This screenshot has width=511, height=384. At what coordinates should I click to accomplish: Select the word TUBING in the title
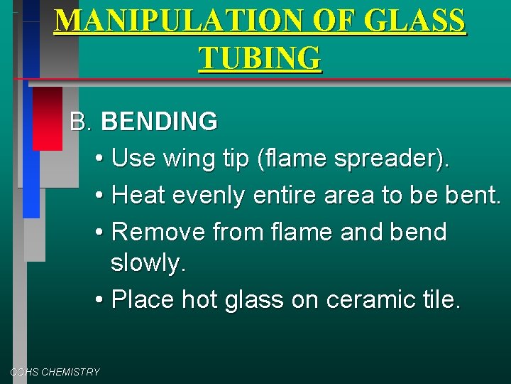pos(260,58)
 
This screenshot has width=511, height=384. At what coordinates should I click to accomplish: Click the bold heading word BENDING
pos(160,122)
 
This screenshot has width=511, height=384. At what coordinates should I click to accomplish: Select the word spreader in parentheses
pos(392,158)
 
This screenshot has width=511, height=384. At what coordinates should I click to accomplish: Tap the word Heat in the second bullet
pos(138,194)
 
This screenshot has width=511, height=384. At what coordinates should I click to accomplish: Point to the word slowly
pos(148,264)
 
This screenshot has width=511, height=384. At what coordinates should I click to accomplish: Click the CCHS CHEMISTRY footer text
pos(55,372)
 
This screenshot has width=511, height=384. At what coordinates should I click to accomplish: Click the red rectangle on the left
pos(48,118)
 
